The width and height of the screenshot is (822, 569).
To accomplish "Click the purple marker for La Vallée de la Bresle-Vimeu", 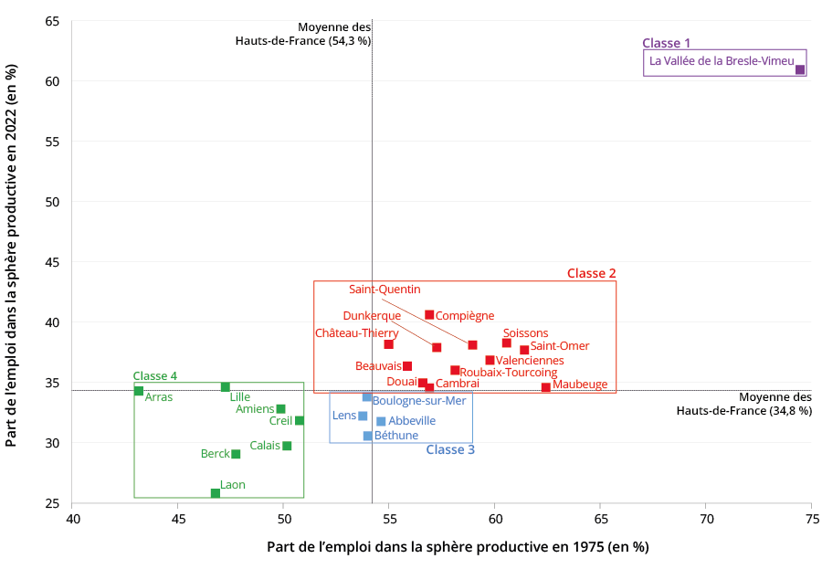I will pos(800,69).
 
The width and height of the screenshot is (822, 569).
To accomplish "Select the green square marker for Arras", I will pos(139,391).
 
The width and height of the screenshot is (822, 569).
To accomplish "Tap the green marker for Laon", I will pos(216,493).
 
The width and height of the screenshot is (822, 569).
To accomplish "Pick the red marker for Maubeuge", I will pos(546,387).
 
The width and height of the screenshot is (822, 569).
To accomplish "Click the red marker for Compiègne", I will pos(429,315).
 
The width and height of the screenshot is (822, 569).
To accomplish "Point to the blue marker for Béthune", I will pos(368,436).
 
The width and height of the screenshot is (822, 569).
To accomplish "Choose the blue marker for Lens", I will pos(363,416).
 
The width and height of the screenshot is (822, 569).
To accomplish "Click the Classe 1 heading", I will pos(667,43).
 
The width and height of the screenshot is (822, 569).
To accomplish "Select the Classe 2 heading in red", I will pos(591,273).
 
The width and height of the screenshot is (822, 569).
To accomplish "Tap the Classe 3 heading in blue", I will pos(450,449).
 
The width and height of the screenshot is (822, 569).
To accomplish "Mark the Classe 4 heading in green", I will pos(155,375).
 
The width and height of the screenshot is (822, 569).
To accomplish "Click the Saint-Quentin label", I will pos(385,290).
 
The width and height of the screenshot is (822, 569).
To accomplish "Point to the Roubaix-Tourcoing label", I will pos(508,373).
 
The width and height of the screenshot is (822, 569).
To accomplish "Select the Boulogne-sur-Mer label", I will pos(419,400).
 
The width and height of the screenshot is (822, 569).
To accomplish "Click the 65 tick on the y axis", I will pos(52,21).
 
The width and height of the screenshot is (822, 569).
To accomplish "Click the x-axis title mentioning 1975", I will pos(458,547).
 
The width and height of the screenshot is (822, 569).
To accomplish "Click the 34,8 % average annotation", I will pos(743,404).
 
